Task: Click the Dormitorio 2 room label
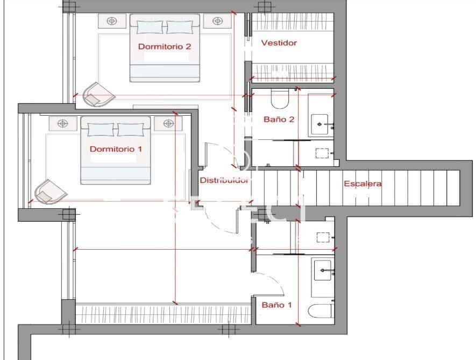point(165,46)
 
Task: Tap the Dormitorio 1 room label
point(116,149)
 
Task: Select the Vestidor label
point(279,43)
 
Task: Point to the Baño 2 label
point(279,119)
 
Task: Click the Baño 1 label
point(277,305)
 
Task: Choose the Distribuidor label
point(224,180)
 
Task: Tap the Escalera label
point(363,183)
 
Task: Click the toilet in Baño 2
point(280,98)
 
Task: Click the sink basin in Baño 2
point(320,124)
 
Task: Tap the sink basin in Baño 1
point(322,270)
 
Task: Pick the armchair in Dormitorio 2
point(98,95)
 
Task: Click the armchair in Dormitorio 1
point(51,192)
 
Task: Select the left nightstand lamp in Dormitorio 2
point(112,21)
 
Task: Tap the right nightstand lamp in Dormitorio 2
point(217,21)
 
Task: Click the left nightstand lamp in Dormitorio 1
point(63,123)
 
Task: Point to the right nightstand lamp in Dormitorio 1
point(168,123)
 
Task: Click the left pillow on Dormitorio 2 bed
point(150,27)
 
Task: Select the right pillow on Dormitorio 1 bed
point(131,130)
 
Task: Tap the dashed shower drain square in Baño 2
point(322,153)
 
